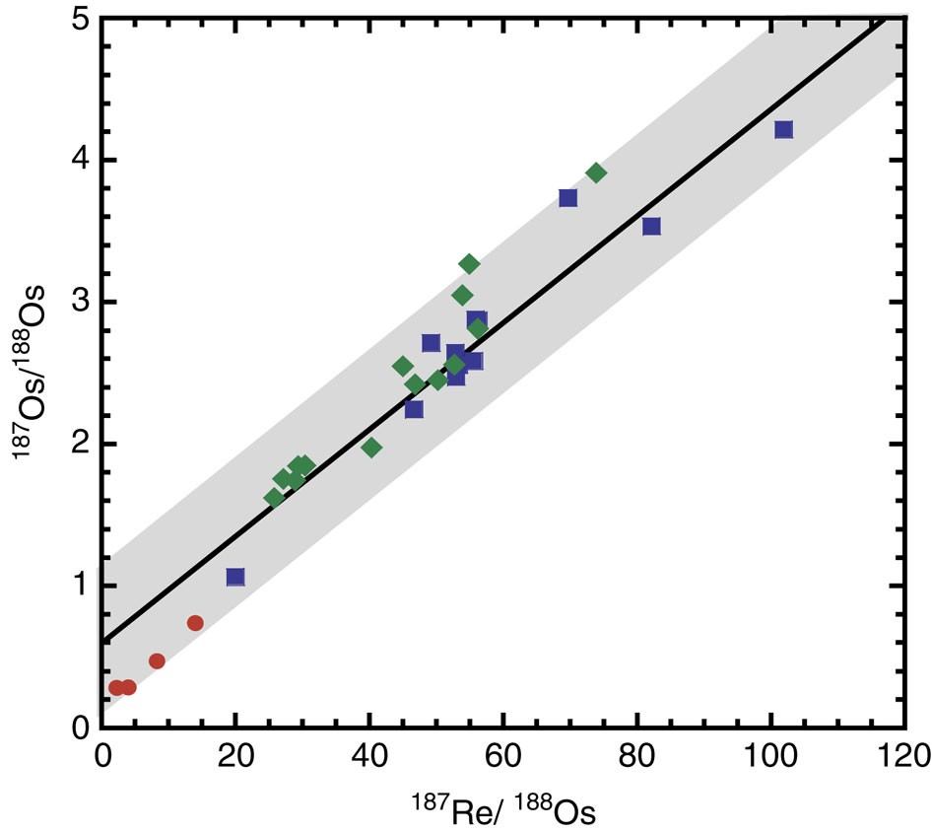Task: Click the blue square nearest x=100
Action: point(783,130)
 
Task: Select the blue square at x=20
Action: point(235,577)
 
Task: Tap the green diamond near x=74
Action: point(596,173)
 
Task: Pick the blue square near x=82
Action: point(651,227)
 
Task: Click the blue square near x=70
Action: point(567,198)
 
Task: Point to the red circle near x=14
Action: point(195,623)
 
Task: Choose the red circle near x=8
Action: point(157,661)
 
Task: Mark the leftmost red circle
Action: point(116,687)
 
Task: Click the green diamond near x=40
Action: point(371,448)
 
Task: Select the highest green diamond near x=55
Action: point(469,264)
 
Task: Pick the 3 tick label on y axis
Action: point(83,302)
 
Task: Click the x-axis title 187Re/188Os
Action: point(503,810)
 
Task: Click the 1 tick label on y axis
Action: point(83,586)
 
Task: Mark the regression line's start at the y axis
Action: point(103,642)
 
